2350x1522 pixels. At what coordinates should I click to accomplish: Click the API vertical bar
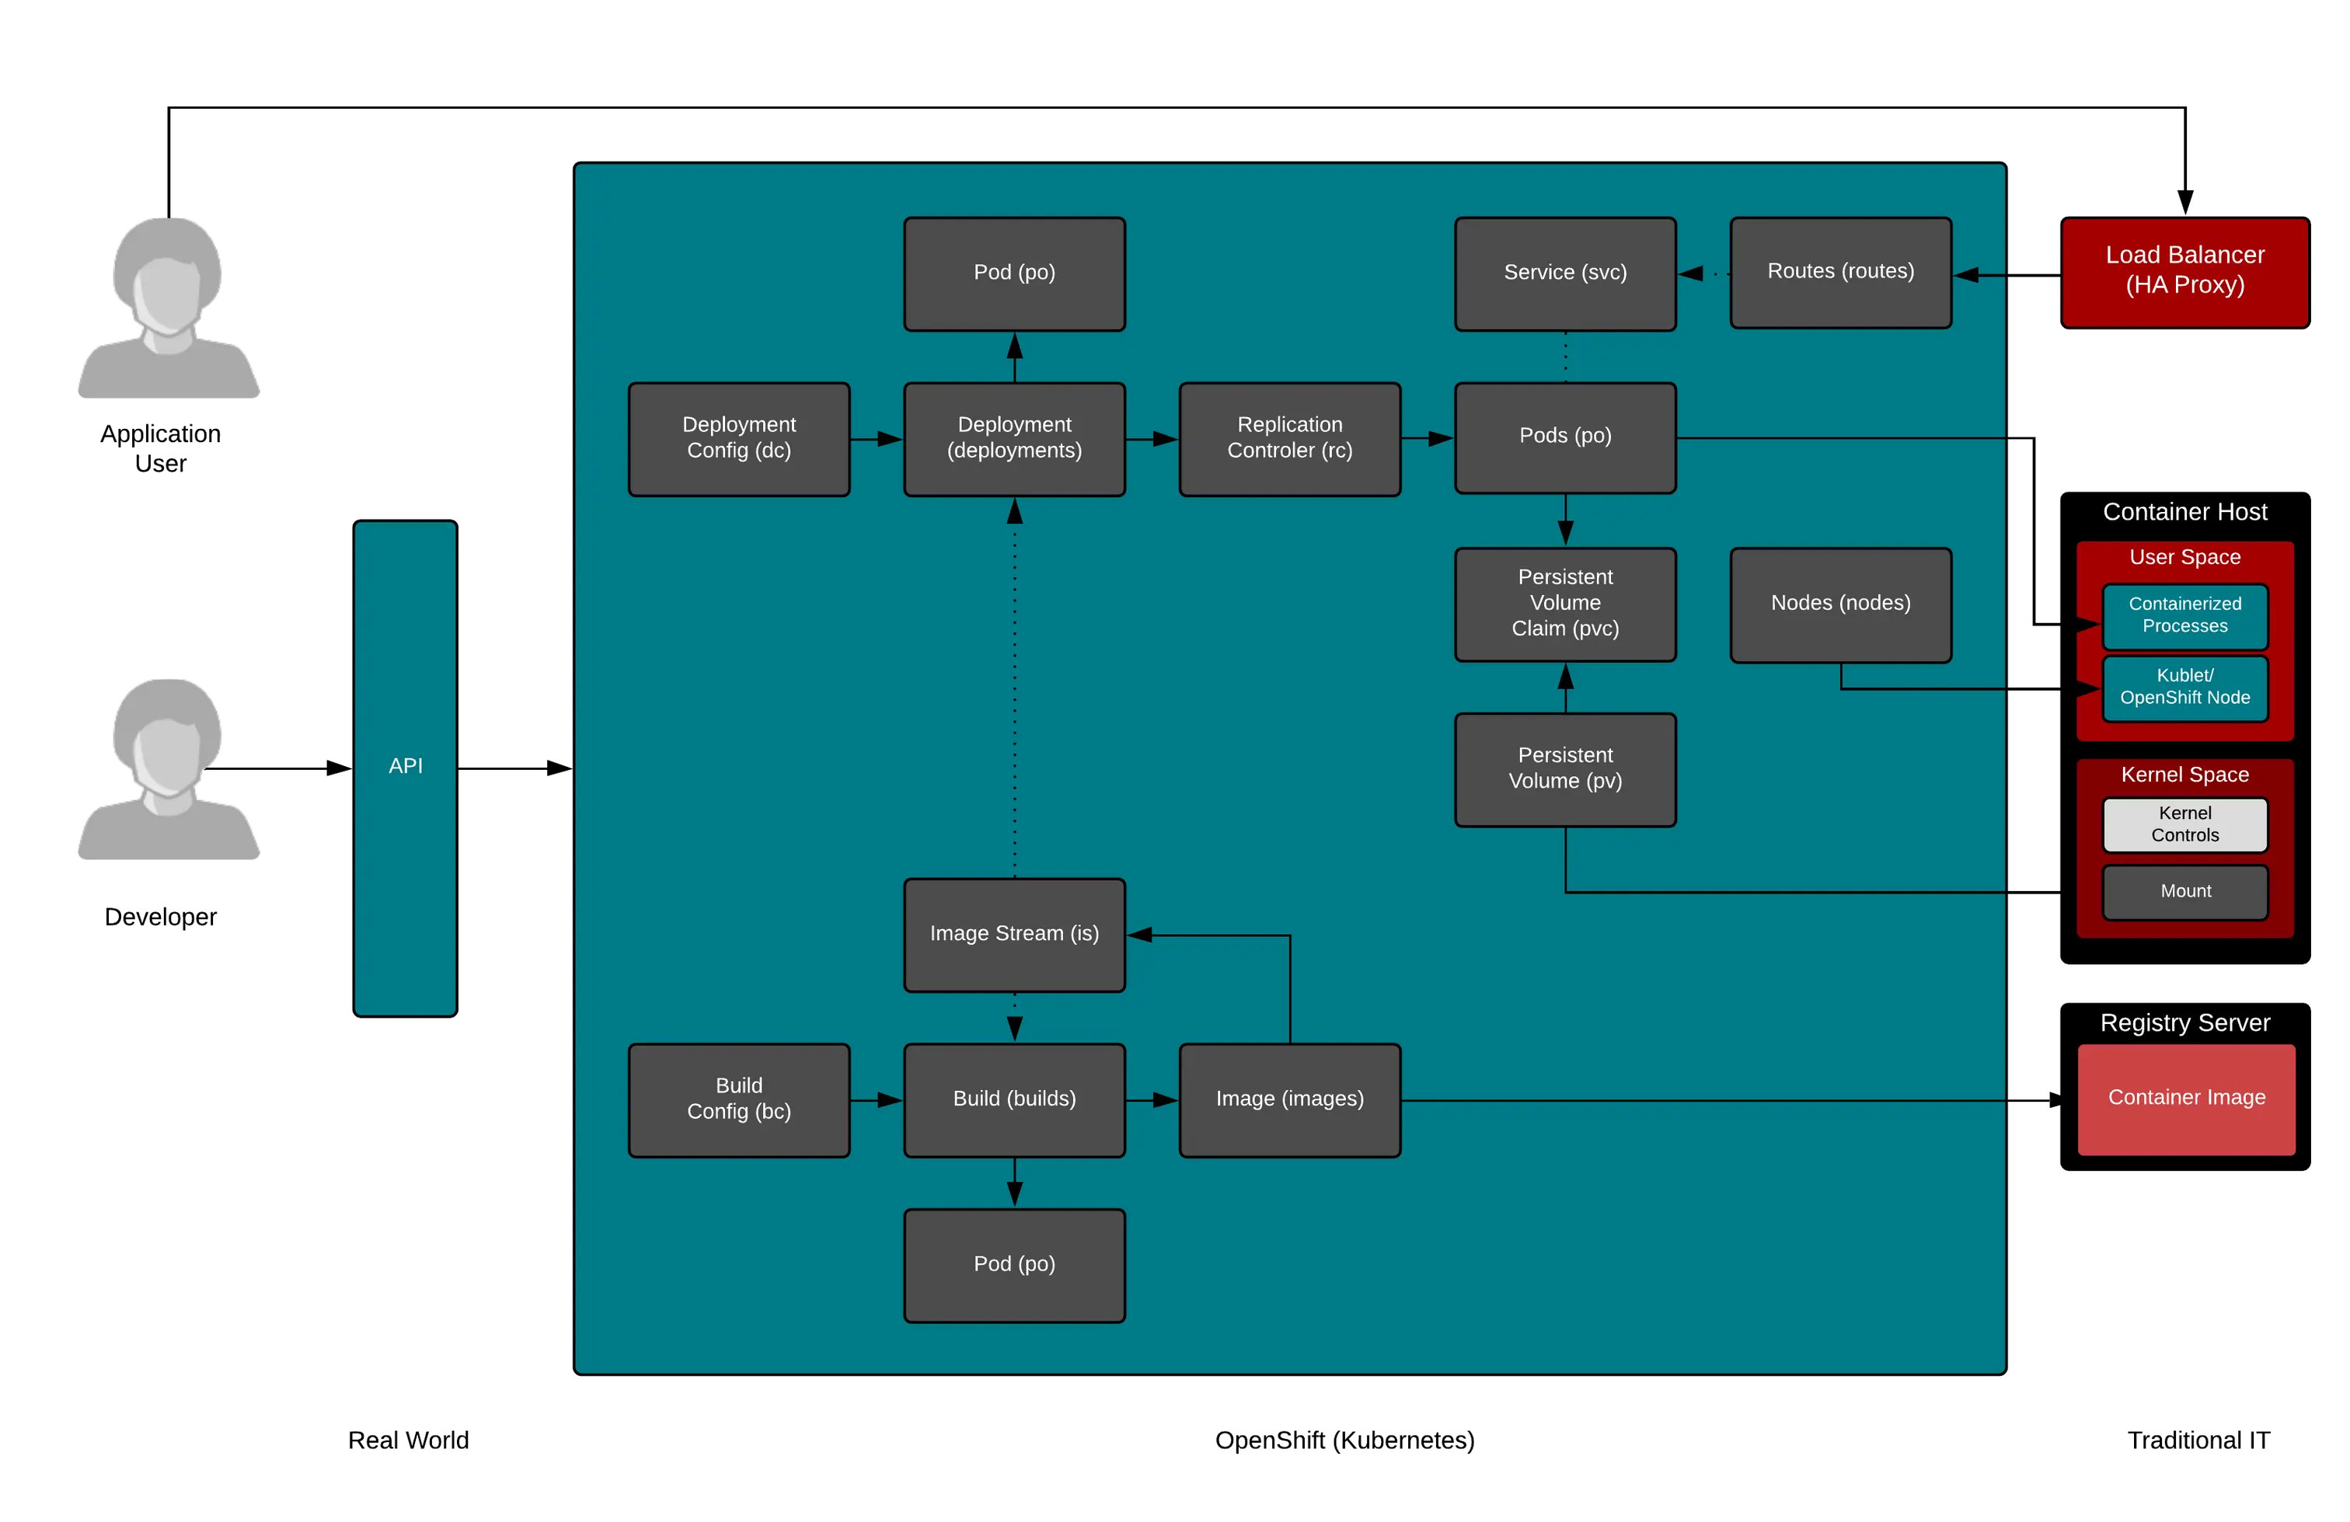coord(405,767)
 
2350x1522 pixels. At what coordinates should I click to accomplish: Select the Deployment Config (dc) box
coord(738,438)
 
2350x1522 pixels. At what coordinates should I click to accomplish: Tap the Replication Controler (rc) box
coord(1289,438)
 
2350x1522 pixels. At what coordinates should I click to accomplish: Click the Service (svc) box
coord(1565,273)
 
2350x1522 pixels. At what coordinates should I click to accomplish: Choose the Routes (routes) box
coord(1840,273)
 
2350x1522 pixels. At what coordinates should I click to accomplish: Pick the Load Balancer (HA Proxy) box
coord(2184,271)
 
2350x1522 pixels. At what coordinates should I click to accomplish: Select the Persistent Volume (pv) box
coord(1565,769)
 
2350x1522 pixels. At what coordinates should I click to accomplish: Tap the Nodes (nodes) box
coord(1840,604)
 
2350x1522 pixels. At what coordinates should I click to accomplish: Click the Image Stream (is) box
coord(1014,934)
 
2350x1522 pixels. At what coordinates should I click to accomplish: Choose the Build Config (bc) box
coord(738,1099)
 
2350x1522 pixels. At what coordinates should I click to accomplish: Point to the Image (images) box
coord(1289,1099)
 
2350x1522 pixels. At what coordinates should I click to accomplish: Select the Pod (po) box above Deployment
coord(1014,273)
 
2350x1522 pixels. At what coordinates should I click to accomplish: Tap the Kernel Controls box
coord(2184,824)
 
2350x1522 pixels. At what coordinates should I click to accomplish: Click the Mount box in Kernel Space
coord(2184,891)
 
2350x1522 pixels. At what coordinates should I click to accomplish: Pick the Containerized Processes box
coord(2184,616)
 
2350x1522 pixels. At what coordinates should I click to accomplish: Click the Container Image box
coord(2186,1099)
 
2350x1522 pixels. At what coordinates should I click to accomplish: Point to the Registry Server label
coord(2184,1022)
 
